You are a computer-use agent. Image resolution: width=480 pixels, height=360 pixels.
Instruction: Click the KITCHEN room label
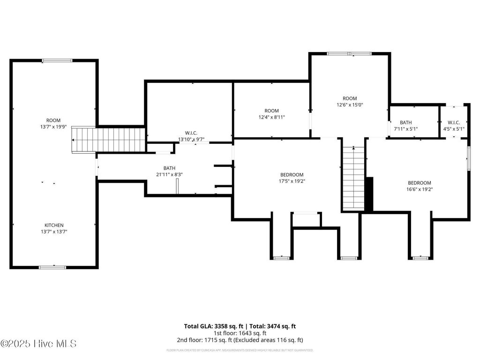coord(54,225)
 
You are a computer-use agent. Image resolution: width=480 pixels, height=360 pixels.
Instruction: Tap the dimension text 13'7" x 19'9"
coord(53,127)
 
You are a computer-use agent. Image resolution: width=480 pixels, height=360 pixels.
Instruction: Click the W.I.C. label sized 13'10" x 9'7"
coord(191,133)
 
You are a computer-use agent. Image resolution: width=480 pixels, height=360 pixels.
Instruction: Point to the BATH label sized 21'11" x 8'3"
coord(169,168)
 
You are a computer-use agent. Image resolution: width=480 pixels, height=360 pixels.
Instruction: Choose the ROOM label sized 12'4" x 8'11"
coord(271,111)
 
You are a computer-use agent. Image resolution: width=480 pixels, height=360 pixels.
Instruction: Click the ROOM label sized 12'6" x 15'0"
coord(350,98)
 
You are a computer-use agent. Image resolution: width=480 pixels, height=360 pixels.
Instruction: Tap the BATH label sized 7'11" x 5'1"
coord(406,122)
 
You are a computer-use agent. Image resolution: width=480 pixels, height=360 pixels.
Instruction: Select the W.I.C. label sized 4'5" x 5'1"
coord(454,122)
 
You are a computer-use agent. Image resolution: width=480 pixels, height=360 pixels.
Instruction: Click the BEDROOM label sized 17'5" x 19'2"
coord(292,174)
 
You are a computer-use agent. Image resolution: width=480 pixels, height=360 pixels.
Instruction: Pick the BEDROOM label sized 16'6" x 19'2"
coord(419,183)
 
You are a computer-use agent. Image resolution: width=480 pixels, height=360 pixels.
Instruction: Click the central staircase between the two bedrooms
coord(353,178)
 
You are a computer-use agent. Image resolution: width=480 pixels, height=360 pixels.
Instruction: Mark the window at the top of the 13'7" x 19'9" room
coord(57,60)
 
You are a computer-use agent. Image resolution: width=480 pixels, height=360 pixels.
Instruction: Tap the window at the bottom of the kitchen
coord(52,267)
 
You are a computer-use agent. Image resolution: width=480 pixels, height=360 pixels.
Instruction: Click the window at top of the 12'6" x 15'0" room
coord(349,53)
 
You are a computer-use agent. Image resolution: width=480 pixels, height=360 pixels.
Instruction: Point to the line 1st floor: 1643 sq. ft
coord(240,333)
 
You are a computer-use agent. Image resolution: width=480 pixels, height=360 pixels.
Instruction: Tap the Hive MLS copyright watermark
coord(38,344)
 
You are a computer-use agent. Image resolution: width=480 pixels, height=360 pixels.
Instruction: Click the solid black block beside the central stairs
coord(369,194)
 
